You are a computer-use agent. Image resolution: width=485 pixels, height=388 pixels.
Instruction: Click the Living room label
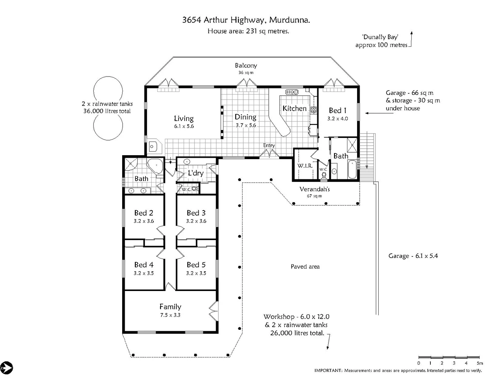(x=184, y=118)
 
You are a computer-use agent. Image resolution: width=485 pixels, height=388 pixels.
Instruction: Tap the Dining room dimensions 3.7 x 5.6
(x=246, y=126)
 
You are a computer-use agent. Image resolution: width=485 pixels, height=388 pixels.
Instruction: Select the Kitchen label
(x=294, y=108)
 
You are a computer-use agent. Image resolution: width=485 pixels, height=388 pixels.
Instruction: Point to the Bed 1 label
(x=337, y=110)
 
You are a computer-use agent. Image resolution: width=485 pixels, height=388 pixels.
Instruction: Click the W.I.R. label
(x=305, y=166)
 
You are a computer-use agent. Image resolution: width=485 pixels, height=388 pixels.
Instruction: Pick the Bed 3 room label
(x=196, y=213)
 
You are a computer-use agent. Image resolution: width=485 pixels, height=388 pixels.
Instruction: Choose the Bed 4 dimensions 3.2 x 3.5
(x=144, y=273)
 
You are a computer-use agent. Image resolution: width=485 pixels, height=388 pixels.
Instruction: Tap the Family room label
(x=170, y=306)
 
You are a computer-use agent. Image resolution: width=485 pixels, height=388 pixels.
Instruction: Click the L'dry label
(x=196, y=173)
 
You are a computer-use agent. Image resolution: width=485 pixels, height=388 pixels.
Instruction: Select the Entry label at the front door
(x=269, y=145)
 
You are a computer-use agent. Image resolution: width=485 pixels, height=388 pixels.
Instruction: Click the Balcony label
(x=246, y=65)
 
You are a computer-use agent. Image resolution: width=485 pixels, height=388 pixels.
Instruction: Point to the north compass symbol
(x=6, y=368)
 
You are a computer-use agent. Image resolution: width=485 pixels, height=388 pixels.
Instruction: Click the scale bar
(x=449, y=357)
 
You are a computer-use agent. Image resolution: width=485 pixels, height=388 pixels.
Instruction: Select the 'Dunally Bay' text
(x=380, y=37)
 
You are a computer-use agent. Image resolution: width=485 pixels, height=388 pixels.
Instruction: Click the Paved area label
(x=305, y=267)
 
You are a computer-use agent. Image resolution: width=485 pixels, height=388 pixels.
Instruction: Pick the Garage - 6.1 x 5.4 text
(x=413, y=256)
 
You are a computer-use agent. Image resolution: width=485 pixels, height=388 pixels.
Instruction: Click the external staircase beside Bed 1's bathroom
(x=367, y=156)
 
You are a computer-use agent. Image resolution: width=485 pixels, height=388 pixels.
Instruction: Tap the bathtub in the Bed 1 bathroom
(x=352, y=170)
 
